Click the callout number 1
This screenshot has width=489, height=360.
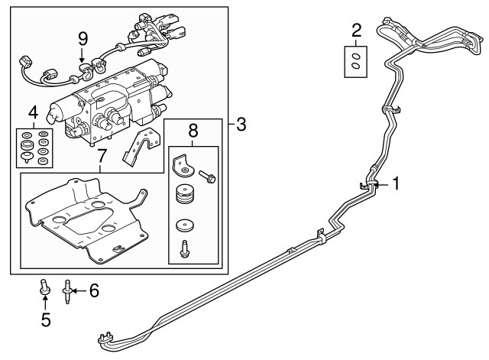coord(396,183)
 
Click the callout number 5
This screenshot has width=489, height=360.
coord(45,320)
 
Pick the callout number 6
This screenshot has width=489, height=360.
coord(94,290)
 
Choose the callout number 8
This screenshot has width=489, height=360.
coord(193,131)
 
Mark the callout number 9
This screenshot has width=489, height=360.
coord(83,37)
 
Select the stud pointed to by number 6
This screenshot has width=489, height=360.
coord(68,291)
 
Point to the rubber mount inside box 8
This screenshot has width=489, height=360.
coord(183,197)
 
